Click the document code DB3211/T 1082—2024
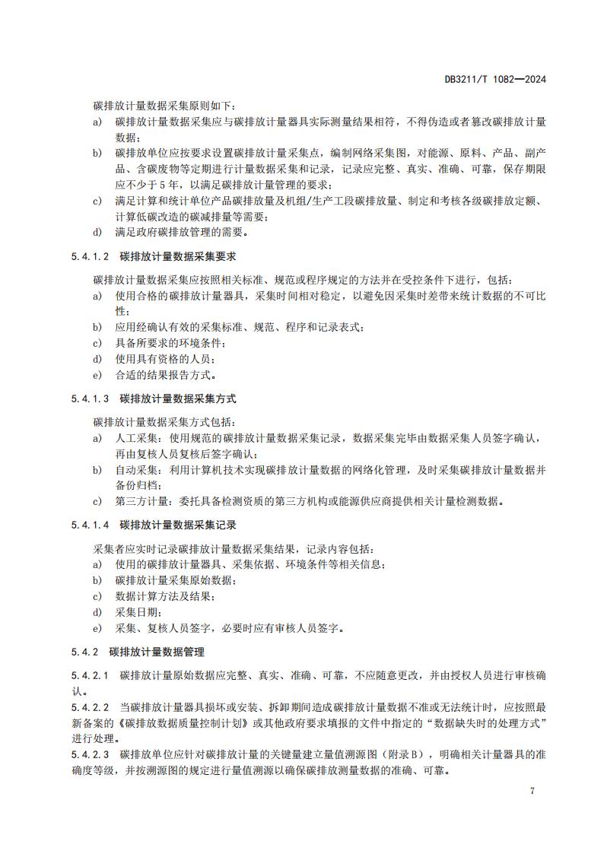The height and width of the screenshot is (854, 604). tap(496, 79)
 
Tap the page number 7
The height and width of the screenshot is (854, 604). tap(532, 791)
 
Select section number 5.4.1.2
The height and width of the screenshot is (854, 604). tap(91, 257)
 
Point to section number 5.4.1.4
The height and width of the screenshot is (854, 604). tap(91, 525)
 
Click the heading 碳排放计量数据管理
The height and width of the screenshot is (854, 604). tap(156, 652)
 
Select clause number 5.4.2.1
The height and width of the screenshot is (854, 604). tap(91, 675)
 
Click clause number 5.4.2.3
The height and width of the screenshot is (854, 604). tap(91, 754)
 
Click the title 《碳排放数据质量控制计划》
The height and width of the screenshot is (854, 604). tap(170, 722)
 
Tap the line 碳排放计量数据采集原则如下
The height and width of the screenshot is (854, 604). tap(164, 106)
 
